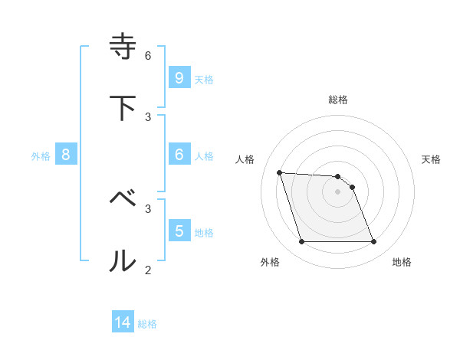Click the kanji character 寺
123,46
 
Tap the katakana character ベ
123,199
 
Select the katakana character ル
123,261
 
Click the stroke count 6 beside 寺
148,55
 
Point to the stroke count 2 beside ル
148,270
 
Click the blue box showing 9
179,77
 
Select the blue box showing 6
179,154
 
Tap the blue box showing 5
179,231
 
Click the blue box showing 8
65,154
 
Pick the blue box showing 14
123,322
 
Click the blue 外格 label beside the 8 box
41,155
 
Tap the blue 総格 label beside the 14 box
147,324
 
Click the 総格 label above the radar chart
338,100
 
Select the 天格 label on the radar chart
431,159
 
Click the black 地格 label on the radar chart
402,262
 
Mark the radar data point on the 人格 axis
279,172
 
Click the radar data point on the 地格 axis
373,242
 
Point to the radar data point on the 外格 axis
301,242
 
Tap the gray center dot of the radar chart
337,191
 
